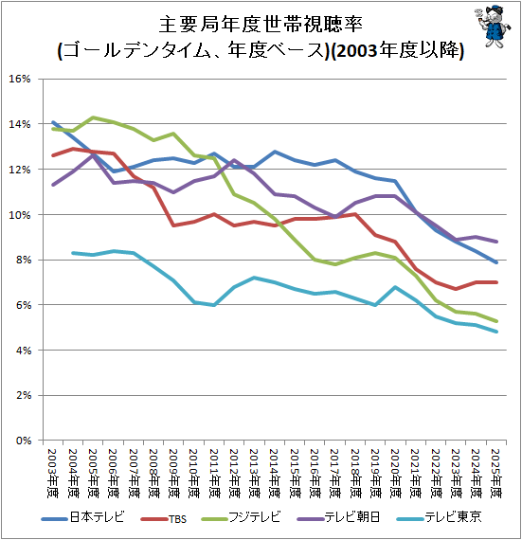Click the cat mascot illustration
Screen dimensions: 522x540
point(493,27)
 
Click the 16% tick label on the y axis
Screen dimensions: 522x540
point(20,79)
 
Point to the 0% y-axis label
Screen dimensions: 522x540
point(24,441)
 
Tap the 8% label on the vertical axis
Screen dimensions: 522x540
point(24,260)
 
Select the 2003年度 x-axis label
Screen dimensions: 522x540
point(53,473)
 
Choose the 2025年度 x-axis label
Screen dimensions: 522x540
point(495,473)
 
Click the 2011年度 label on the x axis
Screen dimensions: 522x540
point(214,473)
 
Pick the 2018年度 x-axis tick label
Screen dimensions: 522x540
point(355,473)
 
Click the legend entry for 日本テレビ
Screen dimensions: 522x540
point(82,517)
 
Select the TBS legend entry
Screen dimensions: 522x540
point(164,518)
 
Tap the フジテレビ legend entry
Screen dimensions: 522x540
point(241,517)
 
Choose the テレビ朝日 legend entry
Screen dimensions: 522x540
point(338,517)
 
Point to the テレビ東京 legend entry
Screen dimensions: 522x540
point(439,517)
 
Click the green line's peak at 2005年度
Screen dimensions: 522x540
point(93,117)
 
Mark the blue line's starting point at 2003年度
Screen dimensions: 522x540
point(53,122)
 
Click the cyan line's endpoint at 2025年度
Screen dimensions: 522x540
point(496,332)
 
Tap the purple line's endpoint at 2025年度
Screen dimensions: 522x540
point(496,242)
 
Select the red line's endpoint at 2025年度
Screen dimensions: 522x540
point(496,282)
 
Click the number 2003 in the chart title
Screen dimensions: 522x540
point(356,51)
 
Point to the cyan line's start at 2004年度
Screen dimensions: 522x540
point(73,253)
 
